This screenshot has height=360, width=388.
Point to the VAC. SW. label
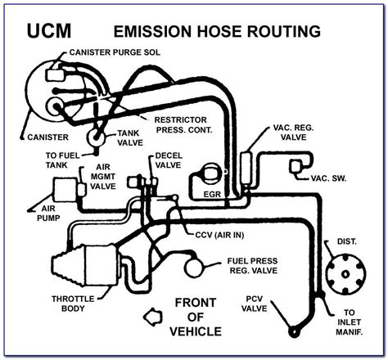pos(327,178)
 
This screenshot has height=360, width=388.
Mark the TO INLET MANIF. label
pos(353,324)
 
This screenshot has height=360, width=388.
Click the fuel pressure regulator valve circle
pos(193,264)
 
